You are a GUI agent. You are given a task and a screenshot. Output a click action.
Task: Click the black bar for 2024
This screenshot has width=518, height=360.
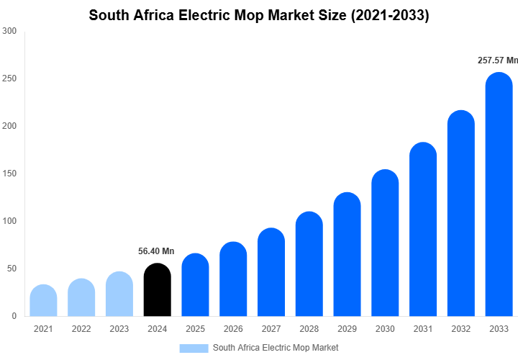point(157,290)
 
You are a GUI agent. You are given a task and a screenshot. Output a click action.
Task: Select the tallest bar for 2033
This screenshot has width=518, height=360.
point(499,194)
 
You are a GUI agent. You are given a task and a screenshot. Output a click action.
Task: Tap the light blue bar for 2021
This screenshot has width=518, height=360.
point(43,301)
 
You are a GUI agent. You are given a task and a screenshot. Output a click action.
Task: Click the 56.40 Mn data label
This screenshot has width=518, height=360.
point(156,251)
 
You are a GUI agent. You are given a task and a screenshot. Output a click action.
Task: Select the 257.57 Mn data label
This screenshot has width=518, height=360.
point(497,60)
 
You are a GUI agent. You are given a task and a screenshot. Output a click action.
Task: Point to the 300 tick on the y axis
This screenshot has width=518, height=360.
point(9,31)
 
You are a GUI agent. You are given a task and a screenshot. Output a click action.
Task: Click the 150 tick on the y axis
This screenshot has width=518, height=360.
point(9,174)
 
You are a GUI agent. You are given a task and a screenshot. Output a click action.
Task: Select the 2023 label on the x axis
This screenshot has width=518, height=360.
point(119,329)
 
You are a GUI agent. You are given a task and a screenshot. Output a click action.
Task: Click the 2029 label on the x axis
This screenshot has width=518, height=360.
point(347,329)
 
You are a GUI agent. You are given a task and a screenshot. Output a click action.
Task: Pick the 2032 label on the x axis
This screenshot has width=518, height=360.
point(461,329)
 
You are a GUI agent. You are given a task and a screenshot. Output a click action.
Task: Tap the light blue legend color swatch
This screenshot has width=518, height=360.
point(194,348)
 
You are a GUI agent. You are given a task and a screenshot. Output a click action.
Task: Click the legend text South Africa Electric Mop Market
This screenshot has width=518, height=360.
point(276,348)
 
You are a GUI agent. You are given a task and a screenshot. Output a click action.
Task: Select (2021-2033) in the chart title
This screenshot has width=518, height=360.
point(390,15)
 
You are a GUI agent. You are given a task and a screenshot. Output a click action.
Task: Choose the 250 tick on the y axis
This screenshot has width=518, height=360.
point(9,78)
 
